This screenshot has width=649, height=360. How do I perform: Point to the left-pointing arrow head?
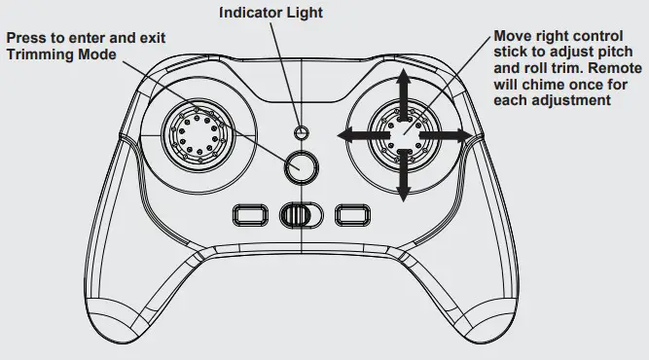pos(343,134)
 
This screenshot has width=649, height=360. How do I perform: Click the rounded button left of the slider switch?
pos(251,214)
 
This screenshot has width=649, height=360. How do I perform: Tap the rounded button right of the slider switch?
pos(349,214)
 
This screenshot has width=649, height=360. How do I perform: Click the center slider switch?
pos(300,214)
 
